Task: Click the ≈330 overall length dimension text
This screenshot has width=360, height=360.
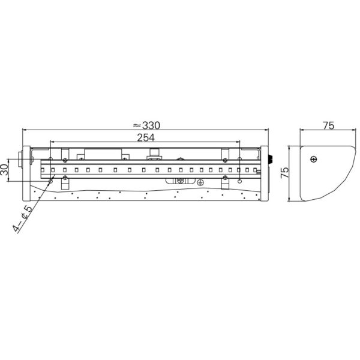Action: [146, 125]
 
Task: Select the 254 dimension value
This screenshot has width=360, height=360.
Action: [146, 137]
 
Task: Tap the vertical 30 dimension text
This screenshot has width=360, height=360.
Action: [4, 169]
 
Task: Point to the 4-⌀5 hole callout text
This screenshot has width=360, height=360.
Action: [22, 218]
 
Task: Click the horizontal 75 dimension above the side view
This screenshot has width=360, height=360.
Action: [329, 125]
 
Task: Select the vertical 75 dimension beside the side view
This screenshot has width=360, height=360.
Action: [284, 172]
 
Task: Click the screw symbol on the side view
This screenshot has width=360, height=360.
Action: [313, 159]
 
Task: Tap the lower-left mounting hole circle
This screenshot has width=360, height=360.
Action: [51, 181]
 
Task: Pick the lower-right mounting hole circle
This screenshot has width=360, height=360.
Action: [239, 181]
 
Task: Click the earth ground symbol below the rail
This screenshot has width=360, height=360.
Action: [200, 182]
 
